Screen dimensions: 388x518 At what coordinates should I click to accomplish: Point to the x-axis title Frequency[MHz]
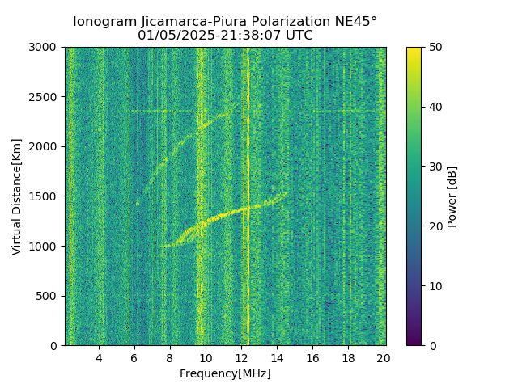point(225,374)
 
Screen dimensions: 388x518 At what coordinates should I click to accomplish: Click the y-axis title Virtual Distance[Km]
point(17,196)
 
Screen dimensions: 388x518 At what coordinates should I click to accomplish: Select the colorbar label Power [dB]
point(452,196)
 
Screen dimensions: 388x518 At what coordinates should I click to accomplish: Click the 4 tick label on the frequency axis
point(99,358)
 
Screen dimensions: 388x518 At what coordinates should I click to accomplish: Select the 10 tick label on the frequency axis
point(206,358)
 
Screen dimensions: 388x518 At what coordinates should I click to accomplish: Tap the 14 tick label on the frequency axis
point(277,358)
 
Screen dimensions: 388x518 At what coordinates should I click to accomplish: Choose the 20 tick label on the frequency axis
point(383,358)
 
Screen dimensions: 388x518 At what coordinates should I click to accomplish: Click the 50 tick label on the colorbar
point(435,48)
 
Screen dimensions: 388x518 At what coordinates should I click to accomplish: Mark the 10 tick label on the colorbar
point(435,286)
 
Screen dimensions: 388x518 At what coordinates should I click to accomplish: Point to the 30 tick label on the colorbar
point(435,167)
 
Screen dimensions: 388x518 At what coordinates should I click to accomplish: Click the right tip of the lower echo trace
point(285,193)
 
